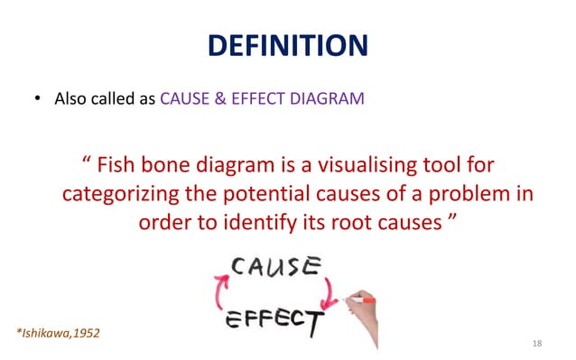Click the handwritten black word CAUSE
point(276,267)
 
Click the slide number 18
point(538,344)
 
